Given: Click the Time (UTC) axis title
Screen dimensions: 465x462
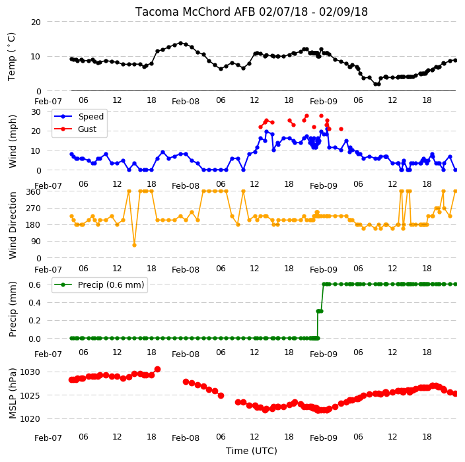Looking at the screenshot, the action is pyautogui.click(x=252, y=451).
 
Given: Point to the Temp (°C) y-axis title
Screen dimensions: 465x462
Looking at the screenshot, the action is pyautogui.click(x=12, y=57).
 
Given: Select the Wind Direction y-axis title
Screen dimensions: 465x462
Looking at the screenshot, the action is pyautogui.click(x=13, y=226).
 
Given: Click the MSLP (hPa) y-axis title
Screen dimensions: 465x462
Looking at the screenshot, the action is pyautogui.click(x=13, y=393).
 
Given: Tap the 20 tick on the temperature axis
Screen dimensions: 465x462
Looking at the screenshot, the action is pyautogui.click(x=36, y=22).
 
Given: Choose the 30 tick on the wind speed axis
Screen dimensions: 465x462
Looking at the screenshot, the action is pyautogui.click(x=36, y=112).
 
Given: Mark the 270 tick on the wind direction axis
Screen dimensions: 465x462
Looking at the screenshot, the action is pyautogui.click(x=34, y=209).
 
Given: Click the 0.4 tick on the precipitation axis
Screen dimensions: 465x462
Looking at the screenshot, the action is pyautogui.click(x=35, y=303).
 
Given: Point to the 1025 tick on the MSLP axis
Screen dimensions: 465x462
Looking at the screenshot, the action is pyautogui.click(x=30, y=395).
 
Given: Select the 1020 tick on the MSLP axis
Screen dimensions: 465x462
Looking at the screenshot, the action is pyautogui.click(x=30, y=418).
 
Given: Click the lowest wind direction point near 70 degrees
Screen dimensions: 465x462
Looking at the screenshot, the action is pyautogui.click(x=134, y=246).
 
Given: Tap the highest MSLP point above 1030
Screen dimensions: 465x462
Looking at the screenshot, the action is pyautogui.click(x=157, y=369).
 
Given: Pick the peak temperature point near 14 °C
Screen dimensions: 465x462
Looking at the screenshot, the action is pyautogui.click(x=180, y=44).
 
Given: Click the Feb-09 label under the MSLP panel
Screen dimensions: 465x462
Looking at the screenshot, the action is pyautogui.click(x=324, y=438).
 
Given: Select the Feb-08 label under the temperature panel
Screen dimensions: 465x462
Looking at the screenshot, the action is pyautogui.click(x=186, y=102).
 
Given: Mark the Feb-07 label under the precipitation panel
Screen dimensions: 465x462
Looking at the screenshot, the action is pyautogui.click(x=48, y=354).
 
